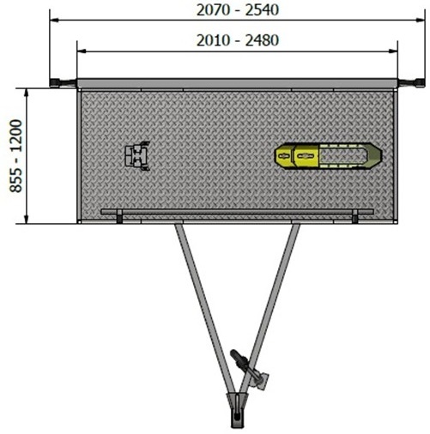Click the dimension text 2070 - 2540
click(238, 10)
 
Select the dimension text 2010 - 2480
click(238, 40)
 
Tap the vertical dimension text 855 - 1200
click(16, 156)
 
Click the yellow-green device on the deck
click(328, 156)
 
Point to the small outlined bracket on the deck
click(137, 156)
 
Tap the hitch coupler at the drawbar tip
click(237, 410)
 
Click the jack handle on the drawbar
click(242, 360)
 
